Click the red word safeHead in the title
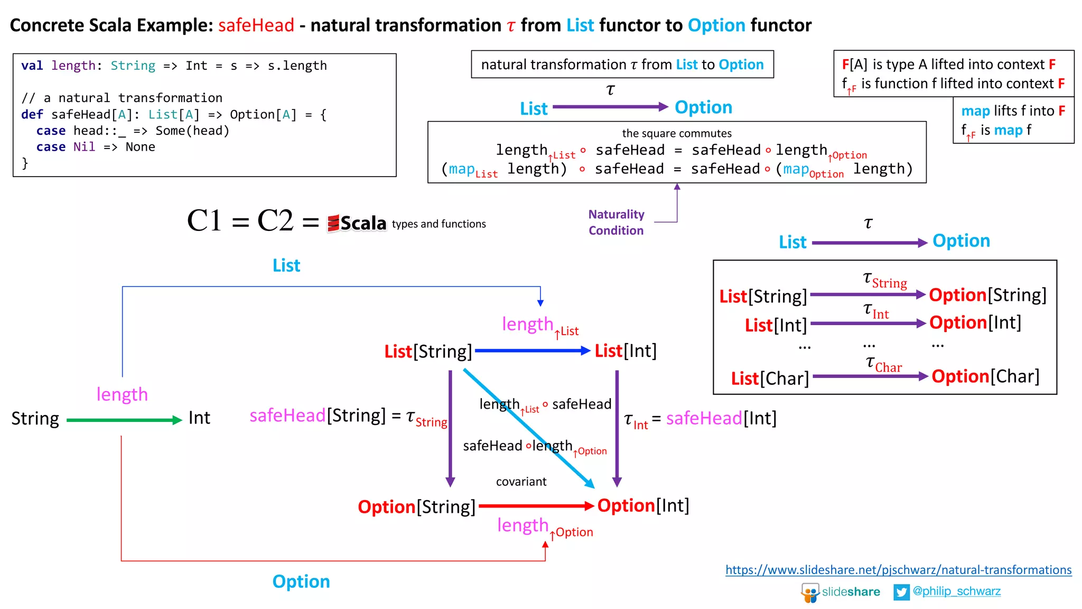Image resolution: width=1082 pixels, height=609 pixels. tap(256, 25)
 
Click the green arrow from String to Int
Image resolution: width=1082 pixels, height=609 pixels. tap(124, 420)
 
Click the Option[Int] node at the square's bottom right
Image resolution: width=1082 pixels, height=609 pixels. tap(643, 506)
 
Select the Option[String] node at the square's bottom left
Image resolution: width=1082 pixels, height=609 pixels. tap(416, 507)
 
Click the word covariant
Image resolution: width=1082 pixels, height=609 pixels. tap(521, 482)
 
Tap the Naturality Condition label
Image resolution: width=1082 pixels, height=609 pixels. tap(616, 223)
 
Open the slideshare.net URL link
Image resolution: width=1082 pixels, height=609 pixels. tap(898, 570)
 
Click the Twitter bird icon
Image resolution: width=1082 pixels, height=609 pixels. tap(901, 592)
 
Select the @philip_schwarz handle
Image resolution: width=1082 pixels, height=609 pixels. tap(956, 591)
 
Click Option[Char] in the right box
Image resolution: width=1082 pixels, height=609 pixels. tap(985, 376)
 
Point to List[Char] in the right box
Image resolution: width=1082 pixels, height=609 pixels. tap(770, 379)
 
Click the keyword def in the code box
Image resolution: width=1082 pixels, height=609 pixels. tap(32, 115)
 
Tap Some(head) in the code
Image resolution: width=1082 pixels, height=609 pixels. tap(192, 131)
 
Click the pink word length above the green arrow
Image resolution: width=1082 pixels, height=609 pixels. tap(122, 394)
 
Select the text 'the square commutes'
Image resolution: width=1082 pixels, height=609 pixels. tap(676, 133)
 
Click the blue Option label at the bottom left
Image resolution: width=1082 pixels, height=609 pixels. tap(301, 582)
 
